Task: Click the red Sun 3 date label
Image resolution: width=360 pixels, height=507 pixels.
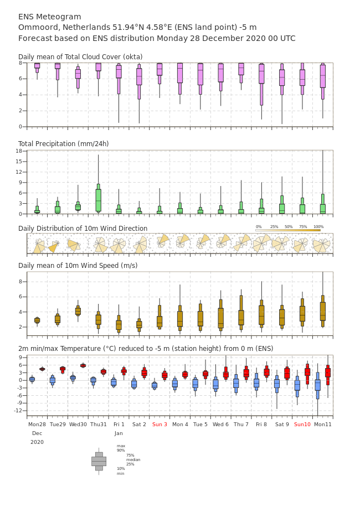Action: tap(160, 424)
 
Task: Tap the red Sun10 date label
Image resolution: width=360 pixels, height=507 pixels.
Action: tap(302, 424)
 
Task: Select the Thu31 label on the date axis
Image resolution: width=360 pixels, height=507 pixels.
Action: tap(99, 424)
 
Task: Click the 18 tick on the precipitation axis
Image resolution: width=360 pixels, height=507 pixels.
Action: tap(19, 151)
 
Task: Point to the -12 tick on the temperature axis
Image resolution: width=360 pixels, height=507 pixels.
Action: tap(18, 411)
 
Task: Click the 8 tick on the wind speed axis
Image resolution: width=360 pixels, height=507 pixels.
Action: tap(20, 282)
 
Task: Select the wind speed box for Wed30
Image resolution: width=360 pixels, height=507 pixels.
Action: tap(78, 311)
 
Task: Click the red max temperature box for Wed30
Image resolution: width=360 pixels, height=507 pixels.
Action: tap(83, 366)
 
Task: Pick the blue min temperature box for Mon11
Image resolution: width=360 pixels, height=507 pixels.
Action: tap(317, 385)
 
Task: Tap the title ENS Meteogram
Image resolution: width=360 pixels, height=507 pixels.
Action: tap(49, 17)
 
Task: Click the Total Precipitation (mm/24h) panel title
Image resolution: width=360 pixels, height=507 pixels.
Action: tap(63, 143)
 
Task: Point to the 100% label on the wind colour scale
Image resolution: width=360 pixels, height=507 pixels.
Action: tap(318, 227)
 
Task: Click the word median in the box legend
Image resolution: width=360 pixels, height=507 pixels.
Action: tap(133, 459)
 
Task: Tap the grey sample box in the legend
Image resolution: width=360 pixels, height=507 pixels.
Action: tap(99, 462)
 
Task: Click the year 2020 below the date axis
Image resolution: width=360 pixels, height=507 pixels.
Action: tap(37, 442)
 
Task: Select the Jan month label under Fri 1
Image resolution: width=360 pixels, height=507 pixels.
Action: tap(119, 433)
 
